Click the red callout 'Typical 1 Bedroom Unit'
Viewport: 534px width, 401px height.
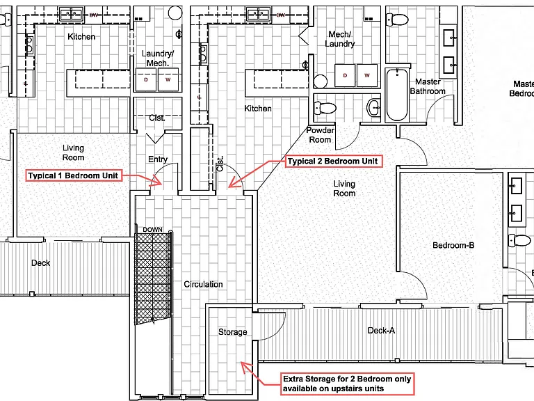[x=74, y=175]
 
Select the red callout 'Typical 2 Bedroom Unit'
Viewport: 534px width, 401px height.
[x=334, y=161]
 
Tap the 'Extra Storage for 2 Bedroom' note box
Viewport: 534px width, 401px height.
[x=347, y=384]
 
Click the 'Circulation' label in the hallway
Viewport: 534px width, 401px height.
[x=203, y=284]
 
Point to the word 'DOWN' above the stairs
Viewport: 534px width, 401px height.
[x=152, y=230]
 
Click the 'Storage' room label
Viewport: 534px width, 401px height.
[x=233, y=332]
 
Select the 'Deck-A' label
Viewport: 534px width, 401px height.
[x=381, y=331]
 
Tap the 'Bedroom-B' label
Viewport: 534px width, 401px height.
[x=453, y=245]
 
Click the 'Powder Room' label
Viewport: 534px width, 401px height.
[x=320, y=134]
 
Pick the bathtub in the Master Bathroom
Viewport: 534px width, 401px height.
[x=397, y=95]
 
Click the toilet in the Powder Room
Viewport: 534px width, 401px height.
[x=325, y=108]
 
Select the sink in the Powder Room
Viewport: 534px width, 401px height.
[x=373, y=108]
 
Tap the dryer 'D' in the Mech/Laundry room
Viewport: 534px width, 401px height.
[x=345, y=75]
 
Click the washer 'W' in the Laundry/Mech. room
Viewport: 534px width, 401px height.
[x=168, y=79]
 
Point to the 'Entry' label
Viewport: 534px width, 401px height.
[x=158, y=159]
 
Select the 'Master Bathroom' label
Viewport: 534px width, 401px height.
[x=428, y=86]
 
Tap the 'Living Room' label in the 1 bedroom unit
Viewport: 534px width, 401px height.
[x=73, y=152]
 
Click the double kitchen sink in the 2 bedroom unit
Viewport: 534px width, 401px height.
[x=259, y=15]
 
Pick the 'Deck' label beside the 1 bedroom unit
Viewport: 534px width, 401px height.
[x=40, y=263]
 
